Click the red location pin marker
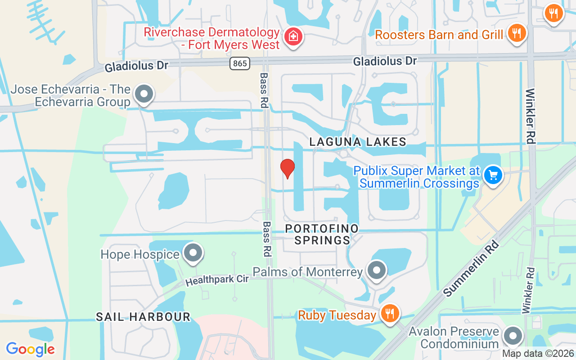pos(288,168)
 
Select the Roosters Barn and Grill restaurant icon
pos(517,33)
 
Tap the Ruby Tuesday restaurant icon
pos(389,313)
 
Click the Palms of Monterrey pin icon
pos(377,270)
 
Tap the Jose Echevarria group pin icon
pos(144,94)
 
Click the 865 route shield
pos(240,63)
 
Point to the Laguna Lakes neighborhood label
pos(358,142)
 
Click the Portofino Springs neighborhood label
pos(322,234)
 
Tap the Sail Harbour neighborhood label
pos(143,317)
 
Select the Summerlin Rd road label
pos(471,268)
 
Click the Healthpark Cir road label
pos(217,280)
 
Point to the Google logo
pos(30,349)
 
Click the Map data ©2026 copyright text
pos(538,353)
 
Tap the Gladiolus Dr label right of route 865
pos(385,61)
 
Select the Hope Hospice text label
pos(140,254)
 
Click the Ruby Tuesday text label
pos(337,315)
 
